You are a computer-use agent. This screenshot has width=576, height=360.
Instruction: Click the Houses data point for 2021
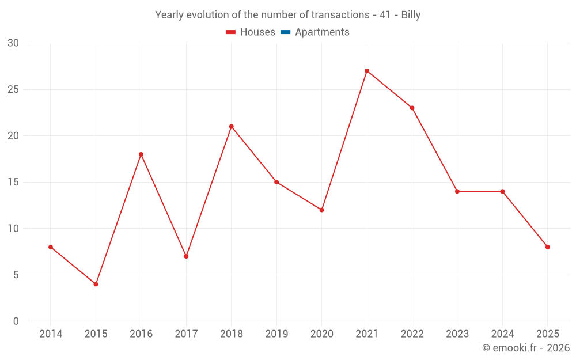pos(367,71)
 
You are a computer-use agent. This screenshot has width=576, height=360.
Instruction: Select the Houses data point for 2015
pos(96,284)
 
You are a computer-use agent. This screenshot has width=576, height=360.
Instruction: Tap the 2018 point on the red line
pos(231,127)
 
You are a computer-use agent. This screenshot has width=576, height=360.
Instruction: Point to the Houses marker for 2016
pos(141,154)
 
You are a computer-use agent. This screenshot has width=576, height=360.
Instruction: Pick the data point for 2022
pos(412,108)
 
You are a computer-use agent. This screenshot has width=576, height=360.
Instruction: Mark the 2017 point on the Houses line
pos(186,256)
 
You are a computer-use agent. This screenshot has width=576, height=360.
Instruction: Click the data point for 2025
pos(548,247)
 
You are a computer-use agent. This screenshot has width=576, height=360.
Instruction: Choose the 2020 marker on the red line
pos(321,210)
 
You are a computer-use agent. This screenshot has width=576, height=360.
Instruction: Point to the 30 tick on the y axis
pos(13,43)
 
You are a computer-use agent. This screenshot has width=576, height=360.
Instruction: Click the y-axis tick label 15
pos(13,182)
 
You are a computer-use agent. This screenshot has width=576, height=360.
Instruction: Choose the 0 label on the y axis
pos(16,321)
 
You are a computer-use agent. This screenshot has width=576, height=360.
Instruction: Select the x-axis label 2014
pos(51,334)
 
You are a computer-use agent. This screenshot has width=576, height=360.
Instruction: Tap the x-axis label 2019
pos(276,334)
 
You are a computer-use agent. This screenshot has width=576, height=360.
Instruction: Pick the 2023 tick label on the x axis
pos(457,334)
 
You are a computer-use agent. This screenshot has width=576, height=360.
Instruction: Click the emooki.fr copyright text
pos(526,348)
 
